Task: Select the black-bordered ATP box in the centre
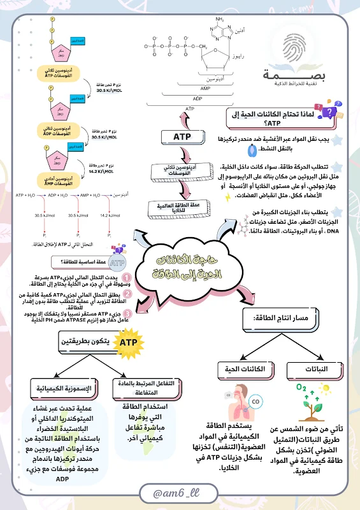coord(183,136)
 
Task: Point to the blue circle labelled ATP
coord(117,263)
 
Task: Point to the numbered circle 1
coord(127,279)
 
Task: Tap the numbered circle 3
coord(127,314)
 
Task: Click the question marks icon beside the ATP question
coord(328,113)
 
